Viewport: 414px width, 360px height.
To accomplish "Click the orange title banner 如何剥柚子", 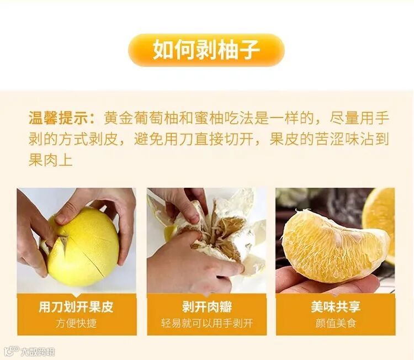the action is coord(206,50).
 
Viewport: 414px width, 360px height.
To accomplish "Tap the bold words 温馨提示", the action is coord(58,118).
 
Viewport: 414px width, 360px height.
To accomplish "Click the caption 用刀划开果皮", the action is coord(76,307).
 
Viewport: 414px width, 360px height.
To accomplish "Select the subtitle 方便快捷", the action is coord(76,324).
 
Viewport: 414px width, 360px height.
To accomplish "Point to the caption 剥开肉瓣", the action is coord(207,307).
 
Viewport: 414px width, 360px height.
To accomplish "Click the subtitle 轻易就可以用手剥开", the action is coord(207,324).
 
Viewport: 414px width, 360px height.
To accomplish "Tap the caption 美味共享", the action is coord(336,307).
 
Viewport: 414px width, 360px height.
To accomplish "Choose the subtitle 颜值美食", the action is coord(336,324).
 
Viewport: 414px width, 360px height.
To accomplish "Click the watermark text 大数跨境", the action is coord(38,352).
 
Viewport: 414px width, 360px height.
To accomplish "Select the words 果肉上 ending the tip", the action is coord(50,160).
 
